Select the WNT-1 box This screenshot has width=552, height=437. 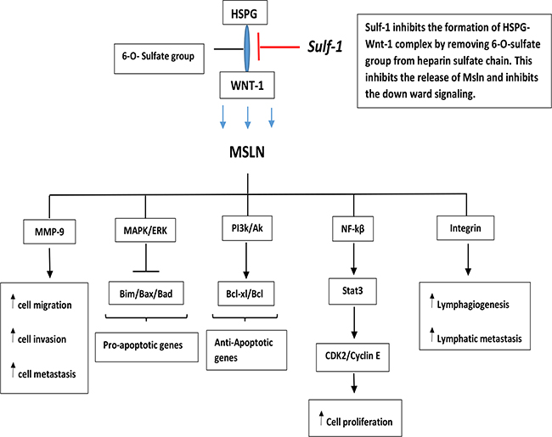(x=246, y=86)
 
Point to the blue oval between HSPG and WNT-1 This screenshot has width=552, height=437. (x=247, y=51)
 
